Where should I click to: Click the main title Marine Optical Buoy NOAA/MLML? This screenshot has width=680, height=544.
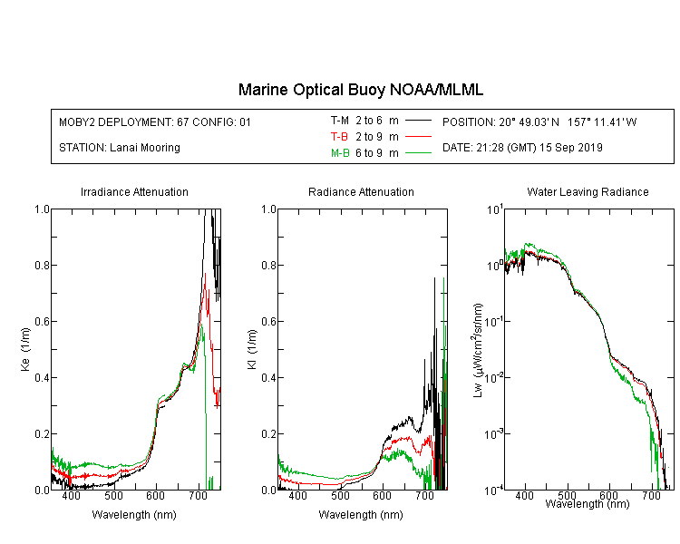[361, 90]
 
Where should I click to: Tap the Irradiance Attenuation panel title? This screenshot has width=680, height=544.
[134, 191]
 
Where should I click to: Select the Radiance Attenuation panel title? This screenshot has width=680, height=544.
[361, 191]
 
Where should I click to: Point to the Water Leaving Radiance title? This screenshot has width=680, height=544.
[588, 191]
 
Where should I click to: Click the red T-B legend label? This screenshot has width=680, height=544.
[339, 137]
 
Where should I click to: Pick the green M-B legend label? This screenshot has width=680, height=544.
[340, 153]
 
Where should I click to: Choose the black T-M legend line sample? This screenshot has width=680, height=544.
[418, 121]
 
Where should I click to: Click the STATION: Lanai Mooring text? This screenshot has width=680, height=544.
[120, 148]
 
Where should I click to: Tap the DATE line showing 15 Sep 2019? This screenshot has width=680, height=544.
[522, 148]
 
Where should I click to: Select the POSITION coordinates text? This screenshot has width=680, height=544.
[539, 121]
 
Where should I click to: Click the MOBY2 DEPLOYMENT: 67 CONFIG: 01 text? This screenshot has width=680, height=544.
[155, 121]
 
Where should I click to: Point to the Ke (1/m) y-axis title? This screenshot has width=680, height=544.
[25, 349]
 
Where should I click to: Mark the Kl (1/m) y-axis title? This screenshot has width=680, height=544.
[252, 349]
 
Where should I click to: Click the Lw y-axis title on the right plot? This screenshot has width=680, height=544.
[478, 350]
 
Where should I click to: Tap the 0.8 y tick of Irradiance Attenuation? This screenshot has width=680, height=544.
[42, 265]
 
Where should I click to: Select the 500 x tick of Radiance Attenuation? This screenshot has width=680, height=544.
[340, 495]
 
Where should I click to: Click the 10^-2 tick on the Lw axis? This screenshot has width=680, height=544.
[495, 376]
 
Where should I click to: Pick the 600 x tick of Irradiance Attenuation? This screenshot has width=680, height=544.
[155, 495]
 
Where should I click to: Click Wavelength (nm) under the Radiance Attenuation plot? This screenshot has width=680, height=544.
[361, 515]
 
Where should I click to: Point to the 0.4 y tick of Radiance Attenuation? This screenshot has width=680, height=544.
[269, 377]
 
